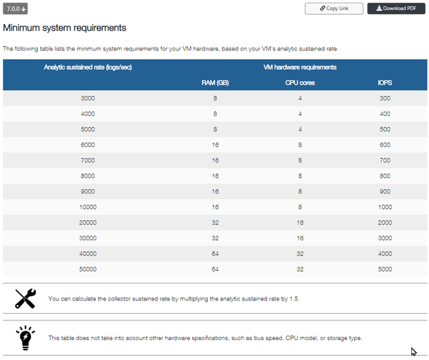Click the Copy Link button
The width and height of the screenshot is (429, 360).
pyautogui.click(x=334, y=9)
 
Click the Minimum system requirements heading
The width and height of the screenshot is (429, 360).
pyautogui.click(x=65, y=28)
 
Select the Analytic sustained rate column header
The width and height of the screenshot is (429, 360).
pyautogui.click(x=88, y=67)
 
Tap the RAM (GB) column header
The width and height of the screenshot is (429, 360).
pyautogui.click(x=215, y=83)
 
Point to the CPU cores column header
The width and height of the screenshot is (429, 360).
pyautogui.click(x=300, y=83)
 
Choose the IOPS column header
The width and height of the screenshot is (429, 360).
pyautogui.click(x=385, y=83)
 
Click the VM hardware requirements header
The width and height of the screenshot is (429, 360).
pyautogui.click(x=300, y=67)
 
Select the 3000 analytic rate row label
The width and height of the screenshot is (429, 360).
pyautogui.click(x=88, y=98)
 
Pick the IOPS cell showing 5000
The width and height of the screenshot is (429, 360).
pyautogui.click(x=385, y=269)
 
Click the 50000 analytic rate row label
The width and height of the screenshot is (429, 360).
pyautogui.click(x=88, y=269)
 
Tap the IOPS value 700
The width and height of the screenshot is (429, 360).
pyautogui.click(x=385, y=161)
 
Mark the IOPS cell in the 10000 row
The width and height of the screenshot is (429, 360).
pyautogui.click(x=385, y=207)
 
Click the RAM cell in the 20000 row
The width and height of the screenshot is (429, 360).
pyautogui.click(x=215, y=223)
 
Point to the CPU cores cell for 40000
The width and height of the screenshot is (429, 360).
pyautogui.click(x=300, y=254)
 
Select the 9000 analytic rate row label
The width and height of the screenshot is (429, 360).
pyautogui.click(x=88, y=192)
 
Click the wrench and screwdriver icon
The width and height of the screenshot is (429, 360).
pyautogui.click(x=25, y=298)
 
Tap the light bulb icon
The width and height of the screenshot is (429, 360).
pyautogui.click(x=25, y=337)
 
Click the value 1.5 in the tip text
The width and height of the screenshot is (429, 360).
pyautogui.click(x=294, y=299)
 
